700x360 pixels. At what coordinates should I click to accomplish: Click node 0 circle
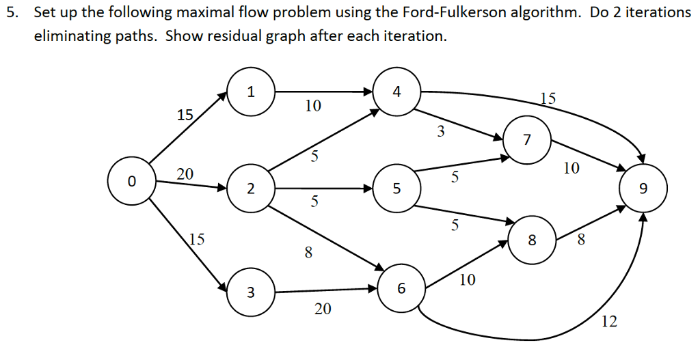pyautogui.click(x=132, y=181)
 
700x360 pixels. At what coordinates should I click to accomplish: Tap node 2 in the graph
pyautogui.click(x=251, y=189)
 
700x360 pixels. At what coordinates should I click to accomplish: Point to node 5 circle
pyautogui.click(x=396, y=189)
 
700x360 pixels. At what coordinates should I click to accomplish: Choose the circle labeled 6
pyautogui.click(x=401, y=288)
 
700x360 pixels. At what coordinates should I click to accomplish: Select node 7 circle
pyautogui.click(x=526, y=141)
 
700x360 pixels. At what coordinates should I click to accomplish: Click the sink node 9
pyautogui.click(x=642, y=188)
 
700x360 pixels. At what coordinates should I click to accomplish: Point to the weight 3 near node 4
pyautogui.click(x=441, y=132)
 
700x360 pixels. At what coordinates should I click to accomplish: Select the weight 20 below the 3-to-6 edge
pyautogui.click(x=323, y=309)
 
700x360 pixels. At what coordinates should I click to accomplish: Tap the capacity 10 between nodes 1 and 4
pyautogui.click(x=312, y=106)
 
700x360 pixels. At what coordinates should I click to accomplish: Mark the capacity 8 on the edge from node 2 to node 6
pyautogui.click(x=308, y=253)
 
